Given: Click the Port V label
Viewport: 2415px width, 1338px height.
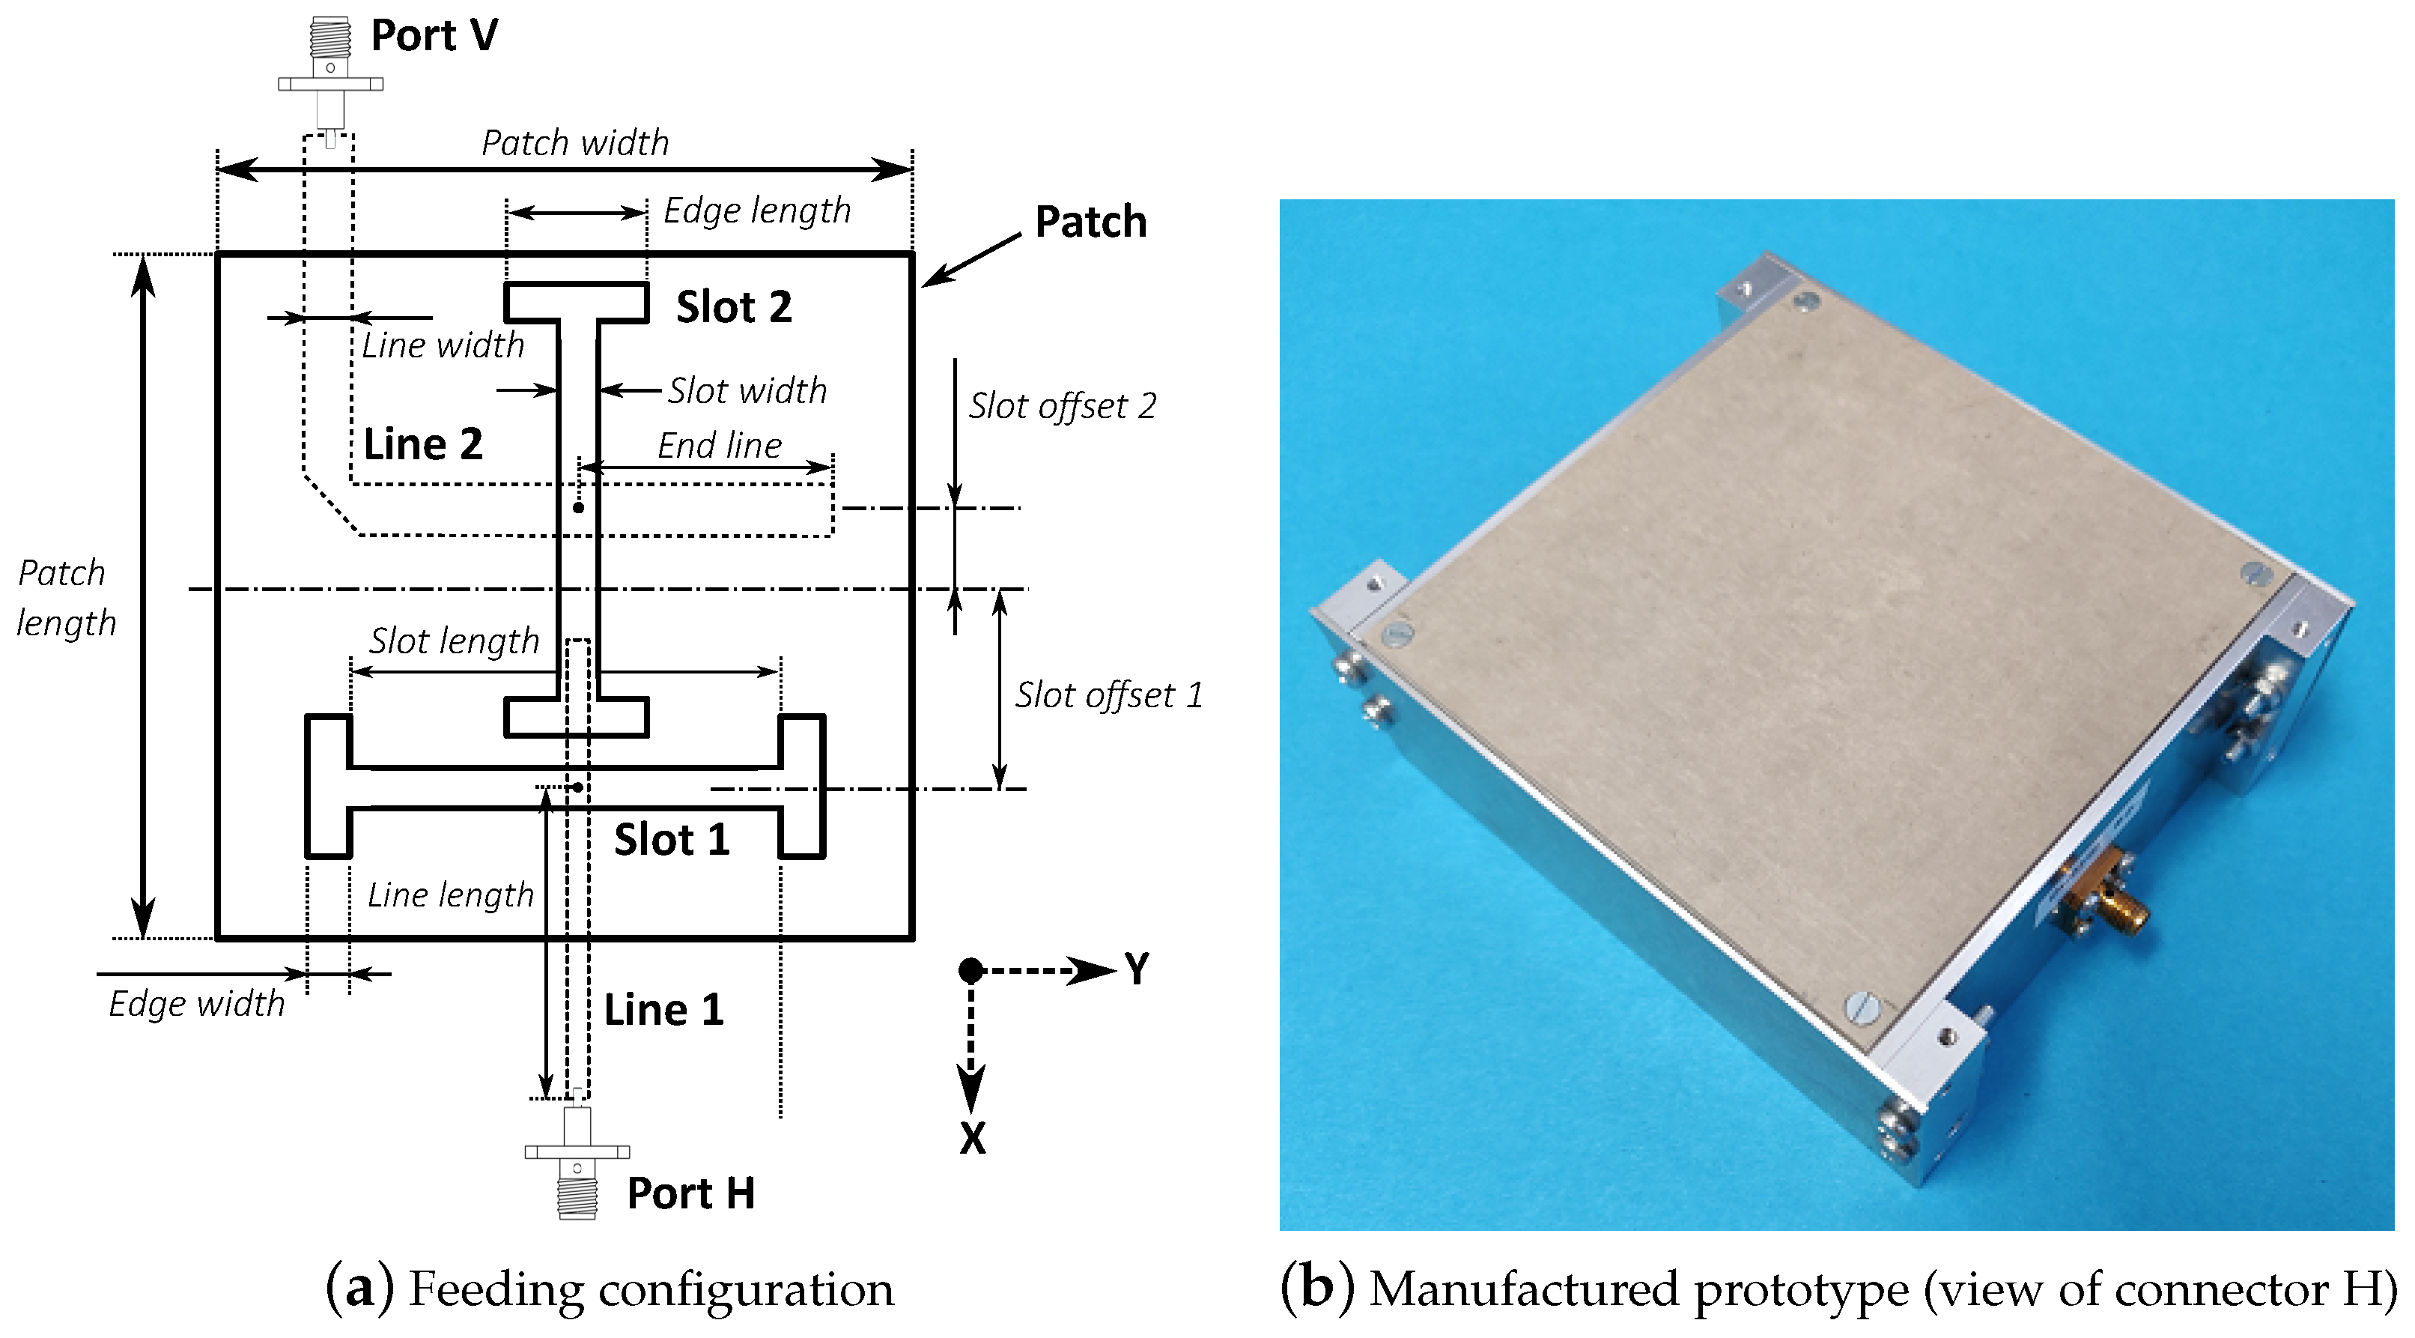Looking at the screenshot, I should (x=434, y=36).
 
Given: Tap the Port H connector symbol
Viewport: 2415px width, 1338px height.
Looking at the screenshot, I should (x=577, y=1163).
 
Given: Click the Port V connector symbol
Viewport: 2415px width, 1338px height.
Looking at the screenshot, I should (x=330, y=70).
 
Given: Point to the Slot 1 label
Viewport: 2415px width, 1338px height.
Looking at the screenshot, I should (x=671, y=839).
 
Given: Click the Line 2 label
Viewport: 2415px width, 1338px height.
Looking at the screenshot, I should (x=423, y=444).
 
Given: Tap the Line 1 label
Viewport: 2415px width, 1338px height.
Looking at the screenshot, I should (x=663, y=1010).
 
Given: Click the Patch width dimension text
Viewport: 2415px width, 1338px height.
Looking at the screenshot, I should (x=574, y=142).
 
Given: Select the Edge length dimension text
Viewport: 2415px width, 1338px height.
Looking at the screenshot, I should (x=756, y=210).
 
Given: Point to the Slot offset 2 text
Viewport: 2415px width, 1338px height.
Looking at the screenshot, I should (x=1062, y=406).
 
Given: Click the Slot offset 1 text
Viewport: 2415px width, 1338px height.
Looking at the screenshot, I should (x=1108, y=694).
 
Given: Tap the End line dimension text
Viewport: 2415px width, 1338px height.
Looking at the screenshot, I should (x=719, y=445).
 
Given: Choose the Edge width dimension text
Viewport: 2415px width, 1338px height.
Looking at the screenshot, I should (x=196, y=1003).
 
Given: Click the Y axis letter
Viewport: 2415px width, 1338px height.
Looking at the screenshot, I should (x=1136, y=969).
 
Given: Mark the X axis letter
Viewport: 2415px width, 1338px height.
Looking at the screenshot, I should (x=972, y=1138).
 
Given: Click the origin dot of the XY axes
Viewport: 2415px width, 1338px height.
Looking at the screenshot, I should (x=971, y=970).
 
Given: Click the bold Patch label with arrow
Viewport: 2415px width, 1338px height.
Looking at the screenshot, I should (x=1090, y=223).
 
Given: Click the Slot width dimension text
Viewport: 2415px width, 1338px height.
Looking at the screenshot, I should (x=747, y=391).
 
